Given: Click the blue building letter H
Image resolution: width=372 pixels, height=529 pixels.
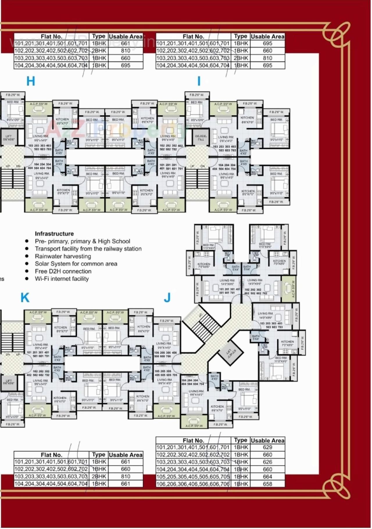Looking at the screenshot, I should [31, 81].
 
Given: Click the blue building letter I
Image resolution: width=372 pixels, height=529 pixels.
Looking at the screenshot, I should [199, 81].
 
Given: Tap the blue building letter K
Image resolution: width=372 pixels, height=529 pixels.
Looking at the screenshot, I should [25, 298].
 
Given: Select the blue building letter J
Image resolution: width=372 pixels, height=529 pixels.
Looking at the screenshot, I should [167, 298].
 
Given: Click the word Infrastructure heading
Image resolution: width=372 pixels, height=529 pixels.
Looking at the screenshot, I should [54, 234].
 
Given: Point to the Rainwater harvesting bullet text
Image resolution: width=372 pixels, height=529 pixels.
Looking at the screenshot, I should [63, 256].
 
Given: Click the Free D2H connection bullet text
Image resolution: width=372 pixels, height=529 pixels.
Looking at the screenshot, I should [63, 271].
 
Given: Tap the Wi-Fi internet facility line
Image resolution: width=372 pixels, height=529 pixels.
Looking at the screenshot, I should [62, 279].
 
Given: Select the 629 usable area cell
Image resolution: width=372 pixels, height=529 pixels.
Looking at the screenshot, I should [267, 447].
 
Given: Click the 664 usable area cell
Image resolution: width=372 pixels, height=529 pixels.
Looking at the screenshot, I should [267, 477].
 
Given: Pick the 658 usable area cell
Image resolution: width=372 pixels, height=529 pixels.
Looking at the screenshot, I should [267, 484].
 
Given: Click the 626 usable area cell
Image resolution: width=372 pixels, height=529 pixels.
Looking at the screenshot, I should [267, 462].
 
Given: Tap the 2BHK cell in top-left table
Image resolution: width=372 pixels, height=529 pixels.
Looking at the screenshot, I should [99, 51].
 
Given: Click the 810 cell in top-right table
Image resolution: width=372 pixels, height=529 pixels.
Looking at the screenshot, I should [267, 58].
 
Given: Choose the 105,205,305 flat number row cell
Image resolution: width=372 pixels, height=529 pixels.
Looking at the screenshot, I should [193, 477].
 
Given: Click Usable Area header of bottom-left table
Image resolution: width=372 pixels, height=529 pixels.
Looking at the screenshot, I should [126, 455].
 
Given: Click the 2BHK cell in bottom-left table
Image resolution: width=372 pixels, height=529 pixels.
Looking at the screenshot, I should [99, 476].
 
